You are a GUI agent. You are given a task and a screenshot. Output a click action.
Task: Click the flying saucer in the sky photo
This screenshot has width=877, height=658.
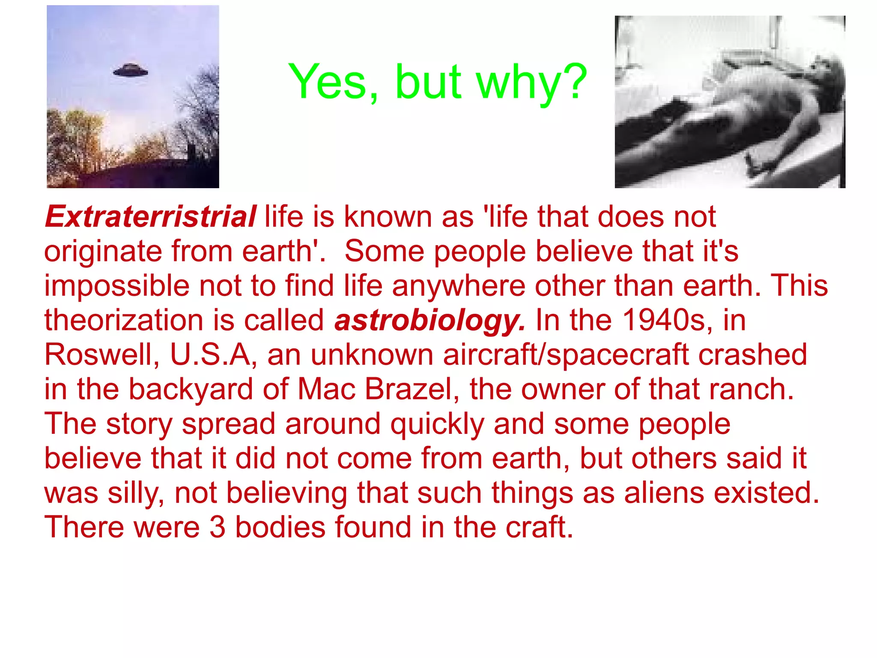point(131,70)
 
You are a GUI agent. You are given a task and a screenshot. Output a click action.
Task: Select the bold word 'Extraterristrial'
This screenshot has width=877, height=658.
point(151,216)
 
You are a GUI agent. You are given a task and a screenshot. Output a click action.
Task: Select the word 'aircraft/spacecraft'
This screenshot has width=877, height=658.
point(566,355)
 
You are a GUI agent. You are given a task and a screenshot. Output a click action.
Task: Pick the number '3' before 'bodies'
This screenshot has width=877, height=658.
point(218,527)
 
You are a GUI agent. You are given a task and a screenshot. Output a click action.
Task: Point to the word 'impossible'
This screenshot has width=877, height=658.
point(116,286)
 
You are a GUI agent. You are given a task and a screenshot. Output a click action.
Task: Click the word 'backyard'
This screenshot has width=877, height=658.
point(191,389)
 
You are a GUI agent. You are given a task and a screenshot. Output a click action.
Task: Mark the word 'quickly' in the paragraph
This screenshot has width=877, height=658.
point(437,424)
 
